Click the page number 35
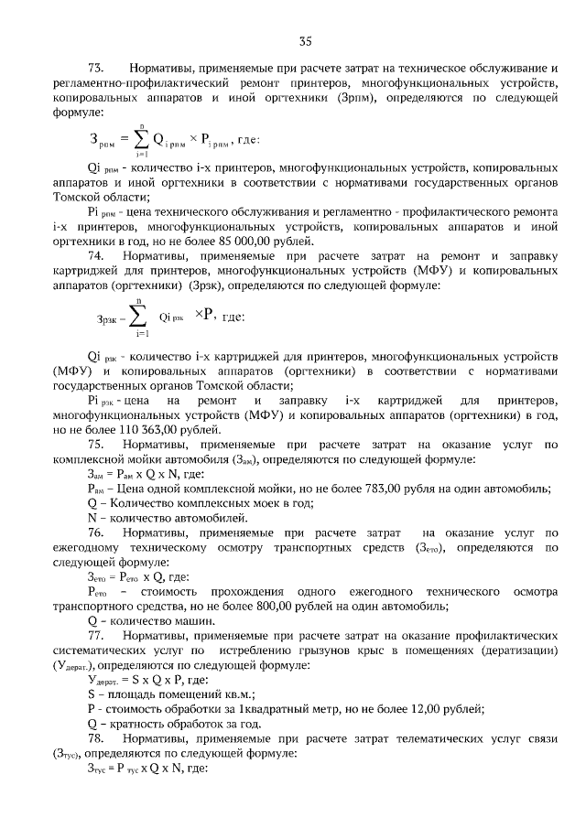pyautogui.click(x=306, y=40)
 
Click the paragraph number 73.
pyautogui.click(x=96, y=69)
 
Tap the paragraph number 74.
pyautogui.click(x=96, y=257)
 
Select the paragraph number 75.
pyautogui.click(x=96, y=445)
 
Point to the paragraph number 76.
pyautogui.click(x=96, y=532)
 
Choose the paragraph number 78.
pyautogui.click(x=96, y=739)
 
